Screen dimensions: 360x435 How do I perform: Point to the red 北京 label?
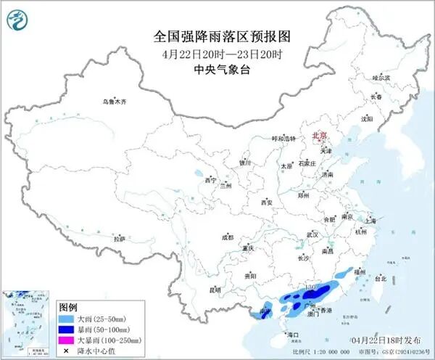click(319, 136)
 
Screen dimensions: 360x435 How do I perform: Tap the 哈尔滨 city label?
click(381, 77)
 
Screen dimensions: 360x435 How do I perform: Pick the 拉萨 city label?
click(120, 239)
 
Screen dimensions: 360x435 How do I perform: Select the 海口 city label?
click(293, 335)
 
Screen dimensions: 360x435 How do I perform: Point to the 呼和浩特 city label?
click(284, 138)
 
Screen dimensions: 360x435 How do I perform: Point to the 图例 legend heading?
click(69, 307)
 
